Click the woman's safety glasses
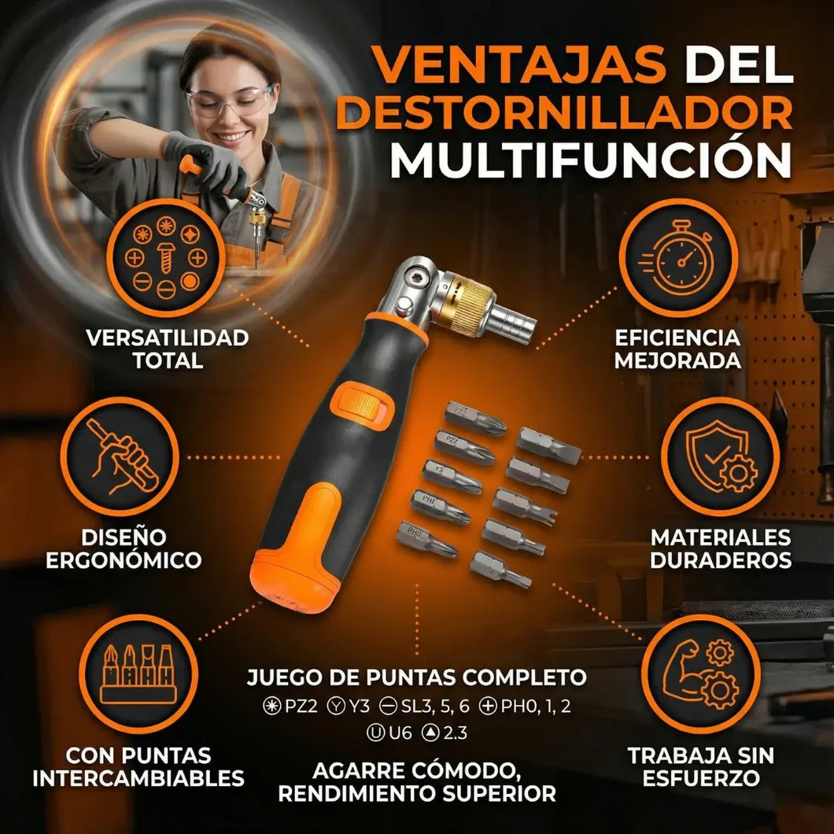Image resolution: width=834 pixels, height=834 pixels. coord(228,101)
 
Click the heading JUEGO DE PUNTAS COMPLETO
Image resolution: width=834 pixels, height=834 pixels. coord(416,677)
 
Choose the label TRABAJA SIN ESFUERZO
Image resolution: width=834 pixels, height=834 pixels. coord(700,767)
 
